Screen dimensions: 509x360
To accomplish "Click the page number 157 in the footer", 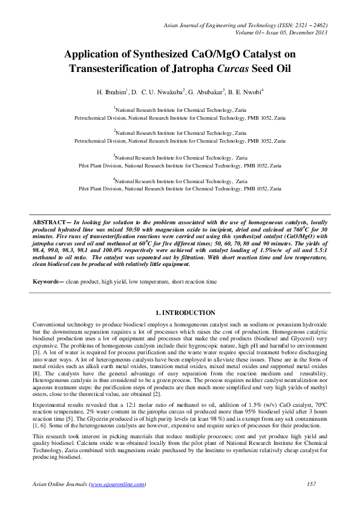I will (312, 484).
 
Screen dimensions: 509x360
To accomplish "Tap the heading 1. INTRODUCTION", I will (186, 313).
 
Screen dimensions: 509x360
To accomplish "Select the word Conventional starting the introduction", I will (51, 325).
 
